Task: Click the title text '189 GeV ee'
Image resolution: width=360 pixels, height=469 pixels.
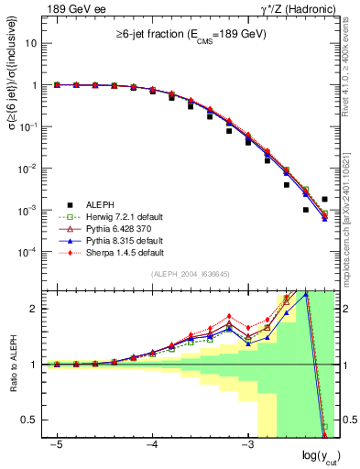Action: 71,9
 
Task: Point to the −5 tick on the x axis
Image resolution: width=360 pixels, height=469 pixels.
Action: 57,444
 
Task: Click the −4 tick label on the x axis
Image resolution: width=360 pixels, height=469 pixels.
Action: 152,444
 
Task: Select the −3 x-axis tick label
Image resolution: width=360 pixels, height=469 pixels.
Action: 247,444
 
